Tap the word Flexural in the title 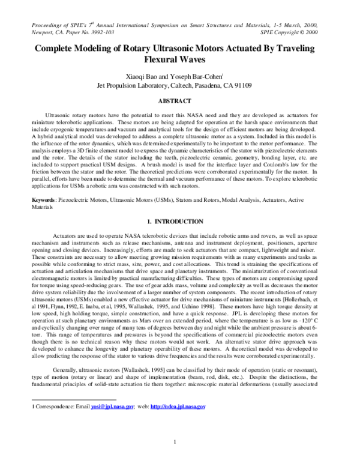pyautogui.click(x=171, y=61)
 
